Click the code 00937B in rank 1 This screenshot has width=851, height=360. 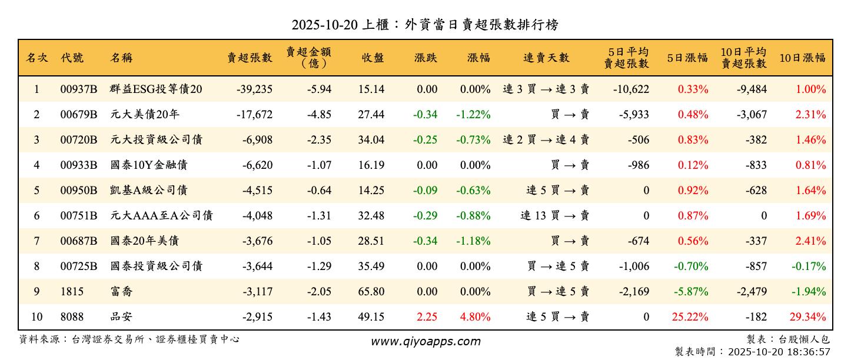(x=78, y=89)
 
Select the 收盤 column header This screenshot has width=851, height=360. (x=373, y=58)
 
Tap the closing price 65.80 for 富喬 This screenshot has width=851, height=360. (x=371, y=292)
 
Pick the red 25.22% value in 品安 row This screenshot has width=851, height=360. (x=690, y=317)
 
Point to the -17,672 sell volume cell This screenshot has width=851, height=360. (x=254, y=115)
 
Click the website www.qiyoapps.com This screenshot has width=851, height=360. (x=425, y=341)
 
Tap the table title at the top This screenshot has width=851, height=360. (x=425, y=25)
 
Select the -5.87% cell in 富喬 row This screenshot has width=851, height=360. (x=693, y=292)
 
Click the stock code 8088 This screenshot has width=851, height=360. (x=72, y=317)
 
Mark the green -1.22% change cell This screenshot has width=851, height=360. (x=473, y=115)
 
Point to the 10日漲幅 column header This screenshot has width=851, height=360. (x=802, y=58)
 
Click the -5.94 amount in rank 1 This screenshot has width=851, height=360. (x=319, y=89)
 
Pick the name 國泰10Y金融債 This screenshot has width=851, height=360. (x=148, y=165)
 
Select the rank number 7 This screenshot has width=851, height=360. (x=36, y=241)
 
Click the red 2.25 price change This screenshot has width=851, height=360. (x=427, y=317)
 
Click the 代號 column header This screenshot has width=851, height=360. (x=72, y=58)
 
